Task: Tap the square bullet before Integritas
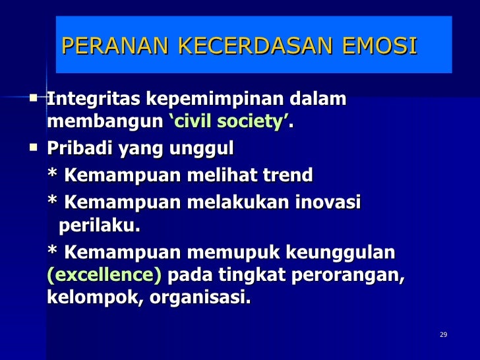coord(34,98)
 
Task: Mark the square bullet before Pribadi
coord(34,148)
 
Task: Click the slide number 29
coord(443,335)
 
